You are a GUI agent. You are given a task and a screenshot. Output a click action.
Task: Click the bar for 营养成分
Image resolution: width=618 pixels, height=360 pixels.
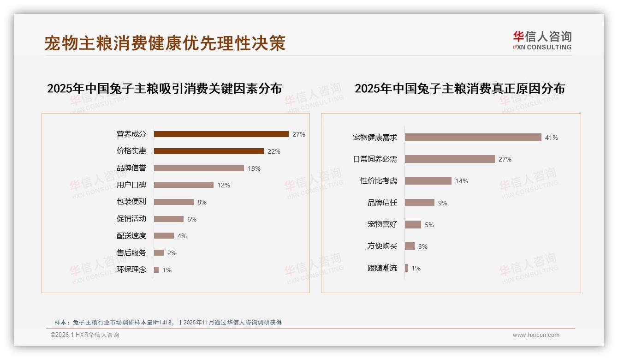221,134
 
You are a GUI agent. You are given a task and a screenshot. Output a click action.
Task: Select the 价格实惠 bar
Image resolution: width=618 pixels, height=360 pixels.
208,151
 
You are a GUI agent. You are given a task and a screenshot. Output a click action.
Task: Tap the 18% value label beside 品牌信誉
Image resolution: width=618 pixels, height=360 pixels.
254,168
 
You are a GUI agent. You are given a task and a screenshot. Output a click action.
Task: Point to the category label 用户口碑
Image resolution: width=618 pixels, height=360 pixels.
131,185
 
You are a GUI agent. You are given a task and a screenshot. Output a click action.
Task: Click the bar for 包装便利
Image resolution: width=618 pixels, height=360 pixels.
173,202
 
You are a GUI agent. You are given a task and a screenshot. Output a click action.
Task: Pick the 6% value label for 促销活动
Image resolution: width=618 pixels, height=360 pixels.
192,219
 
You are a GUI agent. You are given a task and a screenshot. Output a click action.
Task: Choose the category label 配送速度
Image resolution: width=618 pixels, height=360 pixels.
131,236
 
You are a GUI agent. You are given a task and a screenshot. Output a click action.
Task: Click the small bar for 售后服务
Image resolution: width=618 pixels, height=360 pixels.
159,253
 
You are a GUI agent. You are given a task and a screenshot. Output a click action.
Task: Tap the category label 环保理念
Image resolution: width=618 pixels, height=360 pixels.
131,270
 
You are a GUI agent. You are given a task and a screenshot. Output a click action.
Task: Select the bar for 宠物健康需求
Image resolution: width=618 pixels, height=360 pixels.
473,138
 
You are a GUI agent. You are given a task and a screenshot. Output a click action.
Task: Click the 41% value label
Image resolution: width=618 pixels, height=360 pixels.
552,138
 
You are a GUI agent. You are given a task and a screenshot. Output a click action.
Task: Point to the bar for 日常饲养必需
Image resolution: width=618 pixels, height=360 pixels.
450,159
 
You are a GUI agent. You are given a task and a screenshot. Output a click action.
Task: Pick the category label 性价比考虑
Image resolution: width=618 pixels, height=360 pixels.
379,181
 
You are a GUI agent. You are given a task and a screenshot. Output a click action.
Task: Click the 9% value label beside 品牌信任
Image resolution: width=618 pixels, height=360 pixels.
443,203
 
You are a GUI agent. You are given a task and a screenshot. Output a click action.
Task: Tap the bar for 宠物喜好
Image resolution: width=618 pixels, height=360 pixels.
413,225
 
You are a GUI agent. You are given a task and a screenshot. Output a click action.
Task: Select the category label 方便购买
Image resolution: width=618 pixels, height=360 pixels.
382,246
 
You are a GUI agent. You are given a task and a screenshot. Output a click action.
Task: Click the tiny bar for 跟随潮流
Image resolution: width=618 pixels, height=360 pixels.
406,268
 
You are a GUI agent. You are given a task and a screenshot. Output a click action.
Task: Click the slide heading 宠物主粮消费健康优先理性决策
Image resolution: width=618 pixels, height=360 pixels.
165,43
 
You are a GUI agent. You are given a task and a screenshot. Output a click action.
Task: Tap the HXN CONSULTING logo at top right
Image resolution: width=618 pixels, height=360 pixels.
542,41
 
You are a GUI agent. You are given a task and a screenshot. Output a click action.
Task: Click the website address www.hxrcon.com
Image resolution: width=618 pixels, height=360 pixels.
536,335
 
